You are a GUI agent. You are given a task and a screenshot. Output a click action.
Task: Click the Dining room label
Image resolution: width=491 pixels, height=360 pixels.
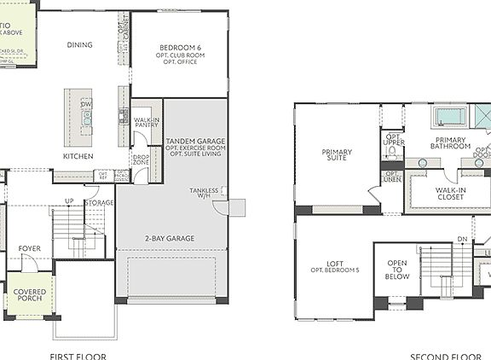pos(79,45)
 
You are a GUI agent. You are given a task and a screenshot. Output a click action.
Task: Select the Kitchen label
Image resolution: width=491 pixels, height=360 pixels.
pos(78,156)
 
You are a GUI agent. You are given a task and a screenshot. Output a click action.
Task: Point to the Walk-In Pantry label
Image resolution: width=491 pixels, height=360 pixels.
pos(147,123)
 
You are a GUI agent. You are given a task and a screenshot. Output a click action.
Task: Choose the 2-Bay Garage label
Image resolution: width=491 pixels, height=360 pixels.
pos(170,238)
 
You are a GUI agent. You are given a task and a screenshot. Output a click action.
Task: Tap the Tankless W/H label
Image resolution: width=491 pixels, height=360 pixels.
pos(208,194)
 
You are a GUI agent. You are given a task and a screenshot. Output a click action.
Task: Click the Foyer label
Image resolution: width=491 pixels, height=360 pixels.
pos(30,248)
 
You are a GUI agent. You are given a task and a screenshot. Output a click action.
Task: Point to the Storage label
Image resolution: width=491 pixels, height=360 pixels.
pos(100,203)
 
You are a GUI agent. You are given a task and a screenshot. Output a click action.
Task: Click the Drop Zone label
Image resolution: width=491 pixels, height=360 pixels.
pos(141,159)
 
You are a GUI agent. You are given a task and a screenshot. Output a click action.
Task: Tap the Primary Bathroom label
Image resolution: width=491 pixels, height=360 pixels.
pos(453,143)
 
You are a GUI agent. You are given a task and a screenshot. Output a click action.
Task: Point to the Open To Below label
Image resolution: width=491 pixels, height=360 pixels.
pos(397,270)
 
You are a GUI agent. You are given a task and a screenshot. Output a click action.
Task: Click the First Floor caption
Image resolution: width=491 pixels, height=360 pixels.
pos(78,356)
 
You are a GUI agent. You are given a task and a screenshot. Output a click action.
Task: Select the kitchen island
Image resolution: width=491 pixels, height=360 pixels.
pos(72,117)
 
